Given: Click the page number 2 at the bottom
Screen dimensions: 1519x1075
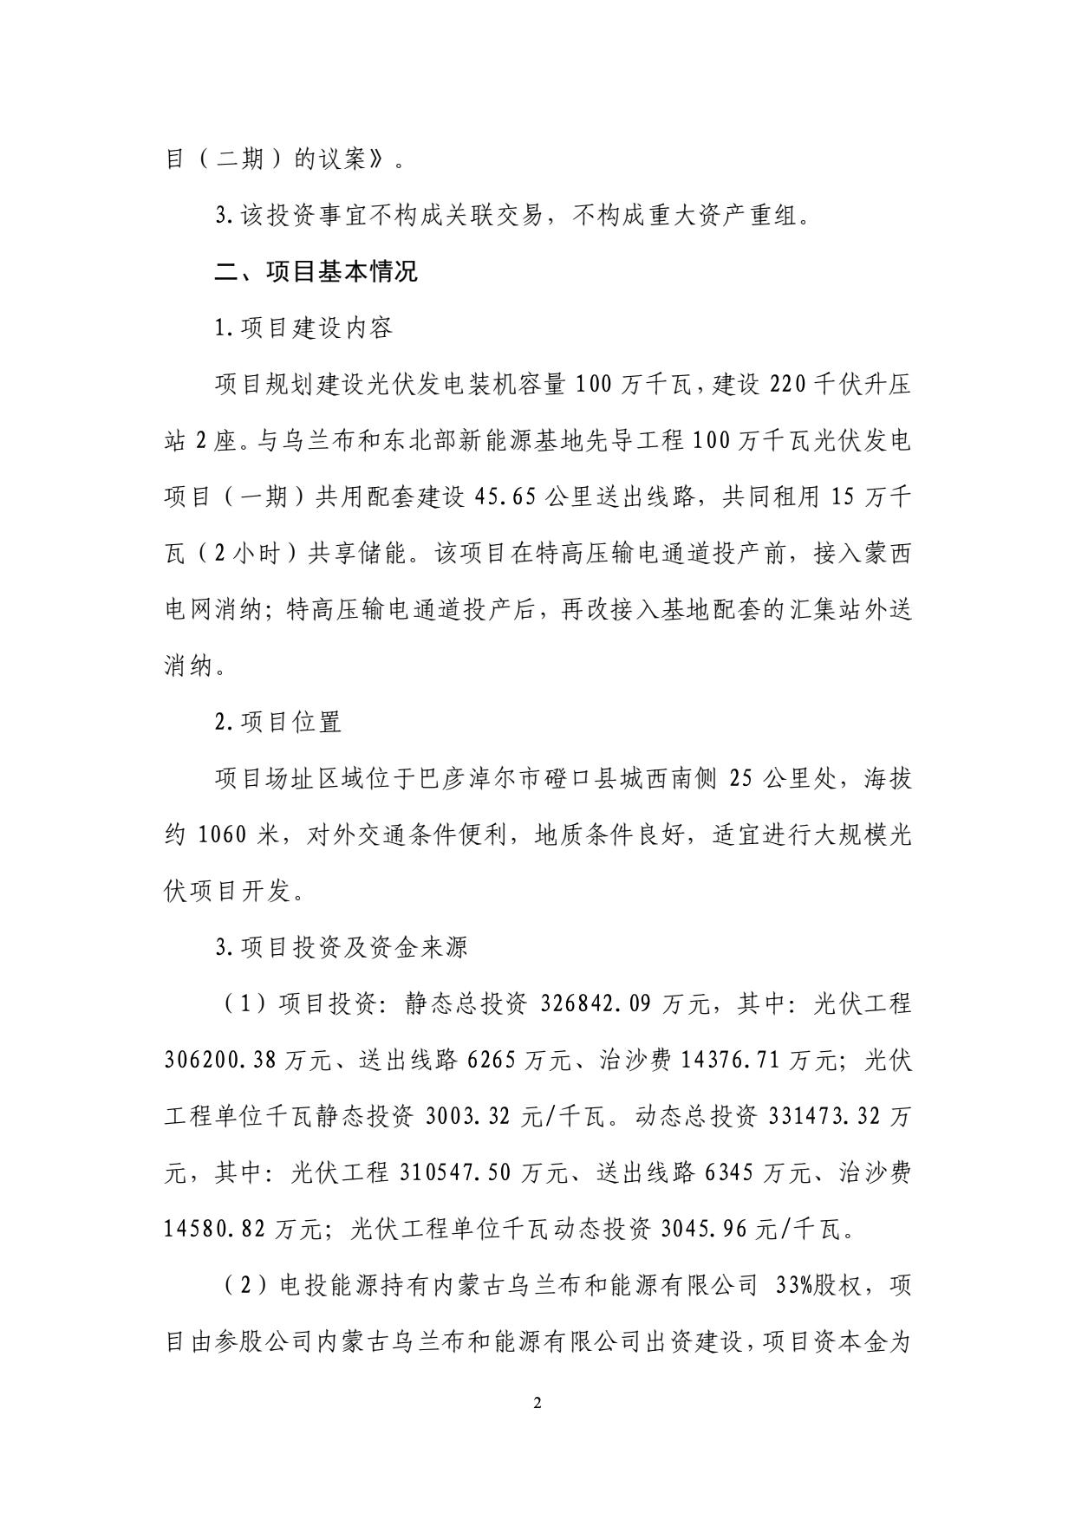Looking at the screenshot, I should click(x=537, y=1403).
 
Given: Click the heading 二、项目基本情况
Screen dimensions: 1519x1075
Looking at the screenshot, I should click(x=316, y=271).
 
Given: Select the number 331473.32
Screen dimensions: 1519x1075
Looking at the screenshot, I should click(x=825, y=1117).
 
